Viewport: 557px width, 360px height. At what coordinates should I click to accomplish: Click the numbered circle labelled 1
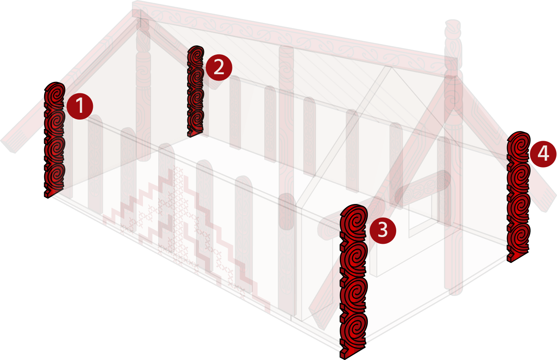(80, 106)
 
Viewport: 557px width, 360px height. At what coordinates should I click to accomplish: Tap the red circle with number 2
(219, 67)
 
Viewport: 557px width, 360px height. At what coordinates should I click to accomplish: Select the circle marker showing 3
(383, 231)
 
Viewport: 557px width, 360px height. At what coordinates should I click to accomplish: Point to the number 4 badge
(543, 154)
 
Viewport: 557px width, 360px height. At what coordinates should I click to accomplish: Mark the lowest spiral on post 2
(196, 120)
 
